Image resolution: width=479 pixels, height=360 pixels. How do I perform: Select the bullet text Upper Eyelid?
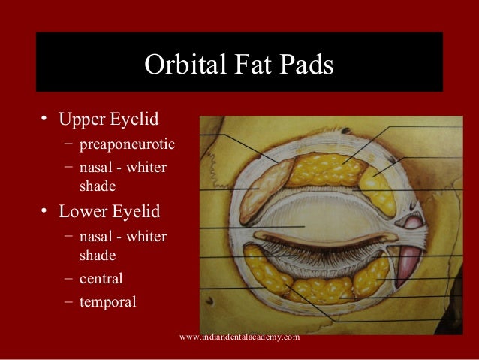(109, 119)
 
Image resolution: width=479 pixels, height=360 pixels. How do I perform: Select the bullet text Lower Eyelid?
(110, 211)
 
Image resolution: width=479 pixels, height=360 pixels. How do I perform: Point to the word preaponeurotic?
(127, 143)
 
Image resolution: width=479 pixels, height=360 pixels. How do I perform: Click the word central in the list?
(101, 279)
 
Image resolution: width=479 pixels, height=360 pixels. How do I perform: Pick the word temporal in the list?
(107, 303)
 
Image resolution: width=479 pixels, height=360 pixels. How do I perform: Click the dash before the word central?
(68, 279)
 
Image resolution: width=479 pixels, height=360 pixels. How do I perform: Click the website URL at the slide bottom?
(239, 337)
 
